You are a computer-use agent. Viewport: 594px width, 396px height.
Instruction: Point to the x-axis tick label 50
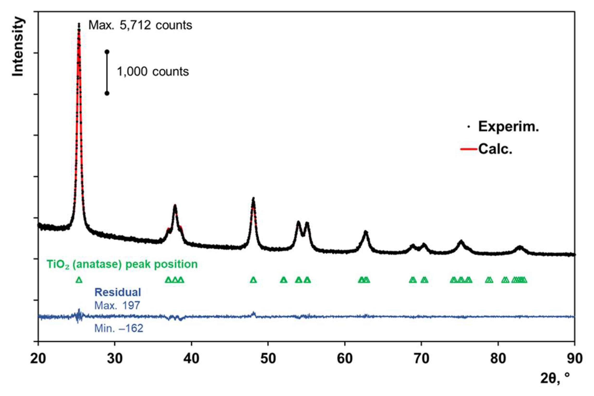coord(268,359)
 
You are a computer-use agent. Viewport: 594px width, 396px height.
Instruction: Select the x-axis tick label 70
coord(421,359)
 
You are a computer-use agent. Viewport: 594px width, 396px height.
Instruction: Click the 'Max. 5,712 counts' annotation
coord(140,25)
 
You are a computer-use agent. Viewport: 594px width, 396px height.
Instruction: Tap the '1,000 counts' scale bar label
coord(153,72)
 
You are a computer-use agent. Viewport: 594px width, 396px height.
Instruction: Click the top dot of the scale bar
coord(107,52)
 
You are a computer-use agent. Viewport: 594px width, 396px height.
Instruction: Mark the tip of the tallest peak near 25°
coord(79,24)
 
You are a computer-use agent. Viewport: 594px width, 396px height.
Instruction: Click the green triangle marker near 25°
coord(79,280)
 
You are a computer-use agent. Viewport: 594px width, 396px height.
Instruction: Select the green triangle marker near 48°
coord(253,280)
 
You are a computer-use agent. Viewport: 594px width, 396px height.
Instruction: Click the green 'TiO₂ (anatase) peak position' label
coord(122,264)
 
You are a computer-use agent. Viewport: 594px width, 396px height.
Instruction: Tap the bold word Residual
coord(118,292)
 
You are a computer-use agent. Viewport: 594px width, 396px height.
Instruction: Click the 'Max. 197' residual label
coord(117,306)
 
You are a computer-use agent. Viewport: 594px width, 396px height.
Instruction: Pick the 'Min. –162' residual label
coord(119,329)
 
